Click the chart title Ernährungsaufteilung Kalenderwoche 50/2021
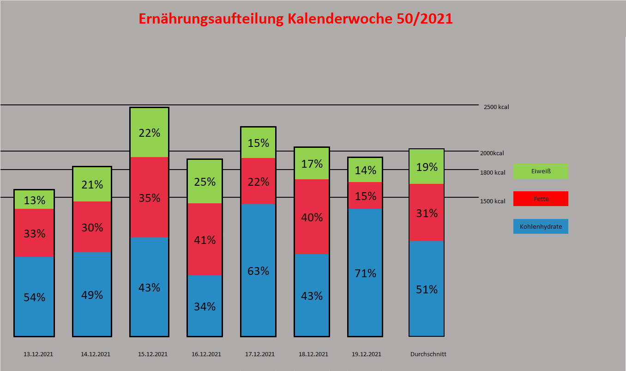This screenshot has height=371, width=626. (x=295, y=19)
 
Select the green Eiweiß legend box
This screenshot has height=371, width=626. (x=541, y=171)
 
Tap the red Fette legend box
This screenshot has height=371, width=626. (x=541, y=199)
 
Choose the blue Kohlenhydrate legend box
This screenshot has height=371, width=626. (x=541, y=226)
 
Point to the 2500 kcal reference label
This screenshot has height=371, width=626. (x=496, y=107)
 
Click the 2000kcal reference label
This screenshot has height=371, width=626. (x=492, y=153)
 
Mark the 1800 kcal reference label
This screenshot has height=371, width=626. (x=493, y=173)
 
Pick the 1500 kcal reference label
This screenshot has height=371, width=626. (x=493, y=201)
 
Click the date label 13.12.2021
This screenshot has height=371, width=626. (x=38, y=354)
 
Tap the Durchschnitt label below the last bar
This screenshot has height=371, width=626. (x=428, y=354)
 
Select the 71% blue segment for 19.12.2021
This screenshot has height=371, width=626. (x=365, y=273)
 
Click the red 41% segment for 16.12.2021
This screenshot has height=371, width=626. (x=205, y=239)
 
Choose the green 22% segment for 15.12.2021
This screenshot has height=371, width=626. (x=149, y=133)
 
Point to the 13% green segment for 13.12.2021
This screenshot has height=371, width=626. (x=34, y=200)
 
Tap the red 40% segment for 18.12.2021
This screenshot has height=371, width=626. (x=312, y=217)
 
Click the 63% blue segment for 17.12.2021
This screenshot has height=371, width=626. (x=258, y=270)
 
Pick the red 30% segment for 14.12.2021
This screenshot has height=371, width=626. (x=92, y=227)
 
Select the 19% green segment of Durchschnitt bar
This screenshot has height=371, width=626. (x=427, y=167)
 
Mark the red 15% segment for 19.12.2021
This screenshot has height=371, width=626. (x=365, y=195)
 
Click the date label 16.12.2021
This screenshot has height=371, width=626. (x=206, y=354)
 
